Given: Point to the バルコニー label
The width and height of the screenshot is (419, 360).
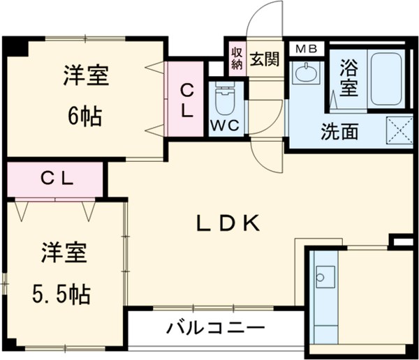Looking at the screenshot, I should click(215, 328).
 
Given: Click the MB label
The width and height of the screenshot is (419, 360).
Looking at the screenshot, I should click(305, 49).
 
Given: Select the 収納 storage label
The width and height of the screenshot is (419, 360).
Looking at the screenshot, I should click(237, 59).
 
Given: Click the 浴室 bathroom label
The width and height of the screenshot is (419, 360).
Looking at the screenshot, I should click(347, 77).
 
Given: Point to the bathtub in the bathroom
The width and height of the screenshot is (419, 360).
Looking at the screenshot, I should click(386, 78).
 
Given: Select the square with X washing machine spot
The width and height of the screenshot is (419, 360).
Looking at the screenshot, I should click(399, 130).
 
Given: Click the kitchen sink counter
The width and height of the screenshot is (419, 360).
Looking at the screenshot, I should click(323, 293).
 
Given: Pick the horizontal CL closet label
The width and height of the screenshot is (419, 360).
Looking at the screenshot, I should click(56, 178).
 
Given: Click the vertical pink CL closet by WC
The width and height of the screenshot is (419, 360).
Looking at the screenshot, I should click(186, 99).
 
